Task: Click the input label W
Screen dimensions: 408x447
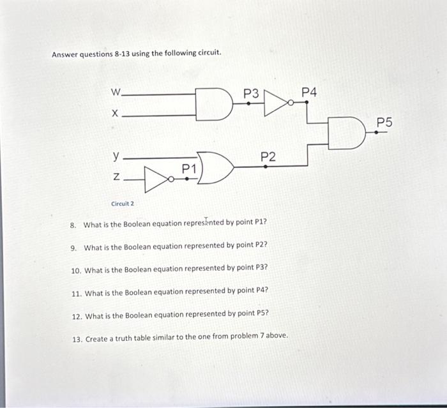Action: point(115,93)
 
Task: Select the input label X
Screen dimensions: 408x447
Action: point(115,114)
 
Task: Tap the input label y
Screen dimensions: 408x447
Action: point(116,155)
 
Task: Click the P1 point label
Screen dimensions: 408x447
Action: point(189,169)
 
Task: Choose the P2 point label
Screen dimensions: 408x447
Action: point(268,156)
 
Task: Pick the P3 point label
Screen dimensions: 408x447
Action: point(252,94)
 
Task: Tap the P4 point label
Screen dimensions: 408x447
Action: point(308,93)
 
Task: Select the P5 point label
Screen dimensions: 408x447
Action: point(385,121)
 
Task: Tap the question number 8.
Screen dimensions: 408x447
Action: point(73,225)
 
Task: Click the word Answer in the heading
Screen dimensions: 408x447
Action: point(65,53)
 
